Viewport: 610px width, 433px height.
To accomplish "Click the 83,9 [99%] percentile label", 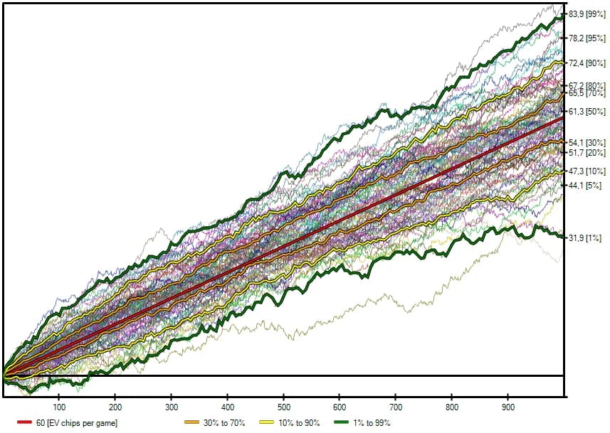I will (587, 14).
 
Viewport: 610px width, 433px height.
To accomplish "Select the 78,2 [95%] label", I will (587, 38).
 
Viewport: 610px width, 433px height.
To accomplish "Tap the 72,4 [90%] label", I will (587, 63).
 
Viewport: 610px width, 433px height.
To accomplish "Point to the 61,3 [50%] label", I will (587, 112).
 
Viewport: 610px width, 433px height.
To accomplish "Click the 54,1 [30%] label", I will (587, 143).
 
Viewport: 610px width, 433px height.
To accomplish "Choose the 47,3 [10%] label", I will (587, 171).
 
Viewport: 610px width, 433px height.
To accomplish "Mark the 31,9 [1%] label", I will (587, 238).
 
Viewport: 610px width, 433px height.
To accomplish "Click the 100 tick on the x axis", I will (59, 407).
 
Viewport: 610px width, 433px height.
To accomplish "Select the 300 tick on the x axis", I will (171, 407).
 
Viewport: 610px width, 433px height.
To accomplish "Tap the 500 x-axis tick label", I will (283, 407).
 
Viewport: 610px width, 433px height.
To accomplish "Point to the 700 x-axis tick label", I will (396, 407).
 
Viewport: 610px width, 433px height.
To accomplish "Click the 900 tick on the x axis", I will (508, 407).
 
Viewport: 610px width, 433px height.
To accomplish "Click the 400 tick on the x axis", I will (227, 407).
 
